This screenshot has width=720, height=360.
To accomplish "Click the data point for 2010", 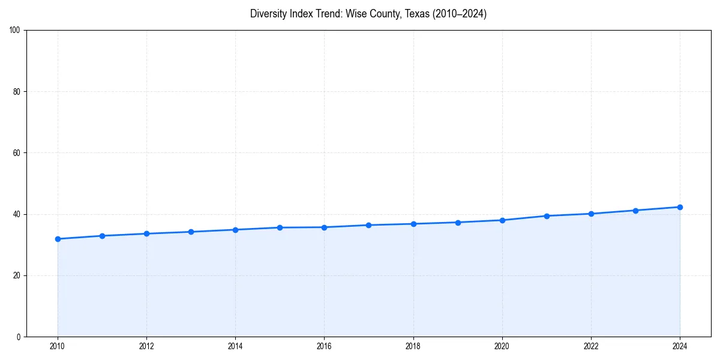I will click(x=58, y=239).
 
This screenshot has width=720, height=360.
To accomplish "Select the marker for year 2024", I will click(x=680, y=207).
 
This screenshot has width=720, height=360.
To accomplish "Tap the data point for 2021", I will click(x=547, y=216).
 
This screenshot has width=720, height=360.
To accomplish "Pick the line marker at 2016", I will click(x=324, y=227).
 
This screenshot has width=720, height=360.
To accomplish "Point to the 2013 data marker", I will click(x=191, y=232).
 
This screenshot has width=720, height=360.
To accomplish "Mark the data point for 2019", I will click(x=458, y=223).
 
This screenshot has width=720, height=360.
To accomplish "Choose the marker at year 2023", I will click(x=635, y=211).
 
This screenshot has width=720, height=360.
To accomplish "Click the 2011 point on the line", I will click(x=102, y=236).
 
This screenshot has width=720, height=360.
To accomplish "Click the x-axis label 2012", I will click(x=146, y=346).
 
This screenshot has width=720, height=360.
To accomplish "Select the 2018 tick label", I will click(x=413, y=346).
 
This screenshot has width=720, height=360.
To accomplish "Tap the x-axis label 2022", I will click(x=591, y=346).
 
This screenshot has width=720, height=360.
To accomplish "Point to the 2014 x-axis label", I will click(x=235, y=346).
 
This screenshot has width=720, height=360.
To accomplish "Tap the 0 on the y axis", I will click(x=19, y=337).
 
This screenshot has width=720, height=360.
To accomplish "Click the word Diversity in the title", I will click(x=266, y=14).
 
